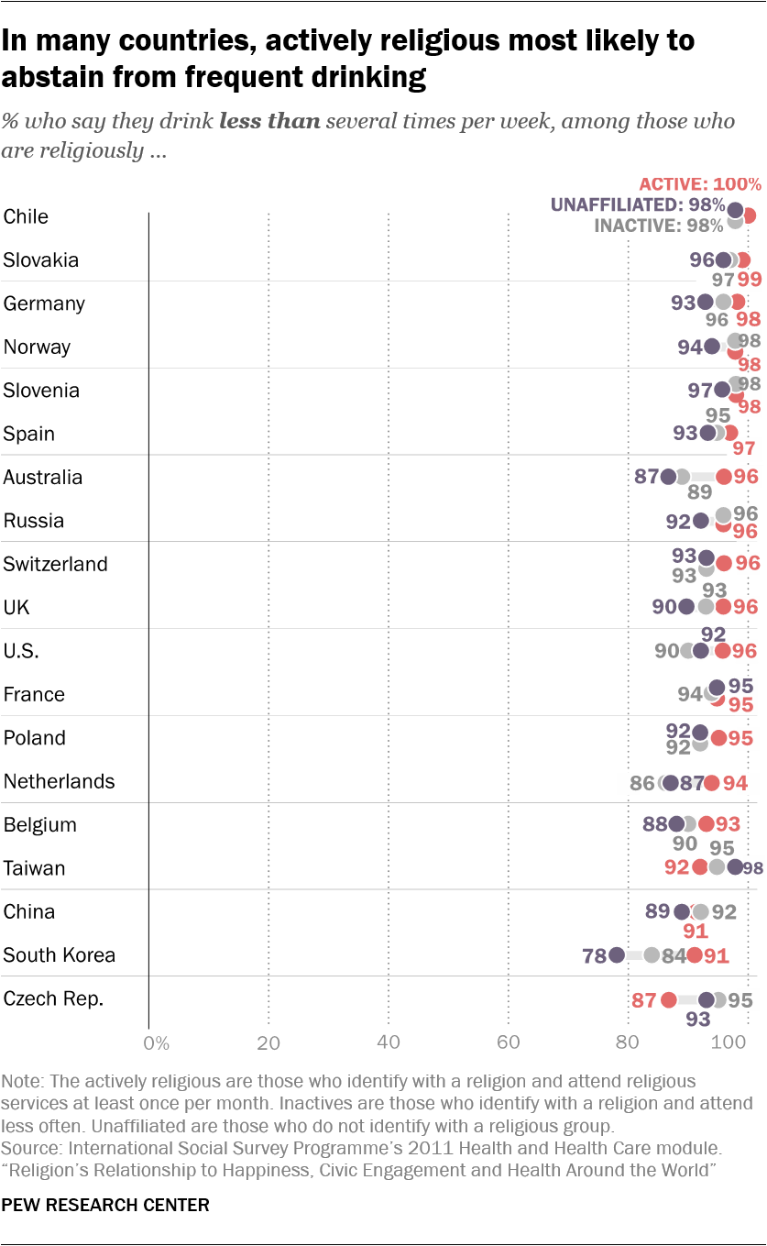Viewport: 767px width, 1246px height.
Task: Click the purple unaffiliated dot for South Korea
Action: (x=616, y=955)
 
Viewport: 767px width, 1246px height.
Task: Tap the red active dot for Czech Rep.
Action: (x=669, y=999)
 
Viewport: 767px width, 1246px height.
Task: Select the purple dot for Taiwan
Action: (x=735, y=866)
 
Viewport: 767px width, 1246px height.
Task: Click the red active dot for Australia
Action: (x=724, y=476)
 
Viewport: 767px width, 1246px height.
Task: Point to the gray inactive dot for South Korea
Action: (x=652, y=955)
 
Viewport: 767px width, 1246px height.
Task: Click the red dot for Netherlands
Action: (x=711, y=782)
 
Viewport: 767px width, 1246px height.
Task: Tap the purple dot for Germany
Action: (x=705, y=302)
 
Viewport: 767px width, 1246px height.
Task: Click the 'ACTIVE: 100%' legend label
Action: (x=700, y=184)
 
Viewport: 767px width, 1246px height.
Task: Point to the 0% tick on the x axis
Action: (x=157, y=1042)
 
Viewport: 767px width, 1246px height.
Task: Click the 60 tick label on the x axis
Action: (x=509, y=1042)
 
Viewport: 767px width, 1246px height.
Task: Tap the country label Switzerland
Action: (x=56, y=564)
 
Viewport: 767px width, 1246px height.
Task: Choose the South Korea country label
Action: (x=60, y=955)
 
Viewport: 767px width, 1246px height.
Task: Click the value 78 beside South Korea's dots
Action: (x=594, y=956)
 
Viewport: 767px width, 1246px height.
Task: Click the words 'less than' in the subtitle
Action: (x=269, y=123)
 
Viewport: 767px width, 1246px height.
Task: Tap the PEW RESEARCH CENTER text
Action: (x=105, y=1205)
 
